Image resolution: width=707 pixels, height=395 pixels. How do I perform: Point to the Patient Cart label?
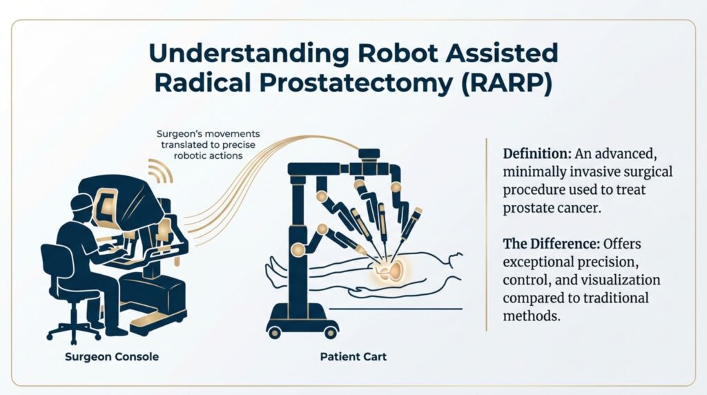[x=349, y=358]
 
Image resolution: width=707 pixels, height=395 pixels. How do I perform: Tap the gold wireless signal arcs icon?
[x=160, y=173]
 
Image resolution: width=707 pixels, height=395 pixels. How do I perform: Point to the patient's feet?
[x=274, y=265]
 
